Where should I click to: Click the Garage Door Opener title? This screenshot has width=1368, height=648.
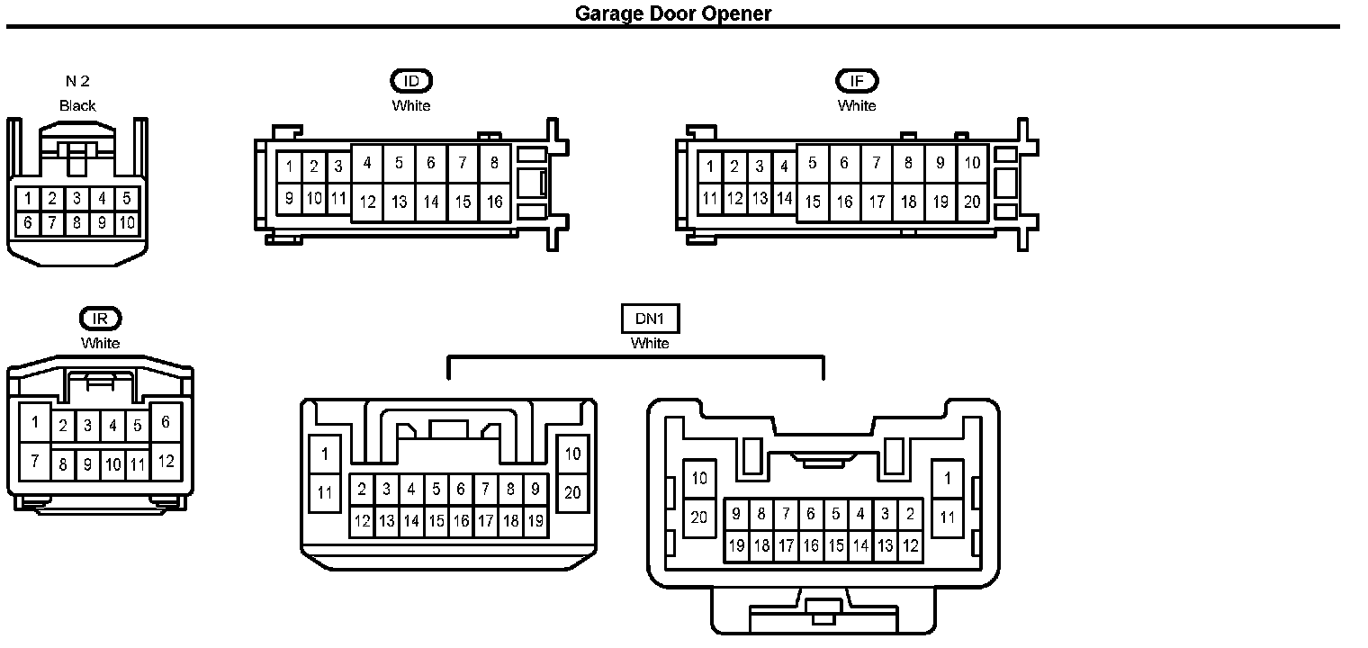[x=673, y=13]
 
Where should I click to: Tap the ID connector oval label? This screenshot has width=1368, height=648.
[x=411, y=81]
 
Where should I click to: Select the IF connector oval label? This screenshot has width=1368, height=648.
[x=857, y=81]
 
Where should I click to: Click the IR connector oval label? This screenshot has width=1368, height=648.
[x=100, y=319]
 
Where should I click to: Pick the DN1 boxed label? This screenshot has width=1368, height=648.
[x=650, y=319]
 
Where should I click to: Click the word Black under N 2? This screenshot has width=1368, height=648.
[x=77, y=105]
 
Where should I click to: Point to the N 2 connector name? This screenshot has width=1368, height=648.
[x=77, y=81]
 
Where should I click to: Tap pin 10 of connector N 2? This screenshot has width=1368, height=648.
[x=127, y=222]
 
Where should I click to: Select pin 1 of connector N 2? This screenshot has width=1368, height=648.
[x=29, y=198]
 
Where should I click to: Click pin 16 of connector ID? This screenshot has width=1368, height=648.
[x=495, y=202]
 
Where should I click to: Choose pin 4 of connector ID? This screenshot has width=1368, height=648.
[x=367, y=164]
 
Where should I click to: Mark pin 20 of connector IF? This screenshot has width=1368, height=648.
[x=972, y=202]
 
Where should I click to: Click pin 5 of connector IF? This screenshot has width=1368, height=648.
[x=813, y=164]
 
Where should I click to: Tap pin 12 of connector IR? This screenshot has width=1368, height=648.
[x=166, y=462]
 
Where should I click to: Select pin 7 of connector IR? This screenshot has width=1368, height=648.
[x=35, y=462]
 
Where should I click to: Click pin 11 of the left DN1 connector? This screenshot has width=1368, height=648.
[x=325, y=493]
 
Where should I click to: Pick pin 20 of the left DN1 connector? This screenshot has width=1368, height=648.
[x=573, y=493]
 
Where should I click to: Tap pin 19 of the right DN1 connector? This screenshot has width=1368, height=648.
[x=736, y=545]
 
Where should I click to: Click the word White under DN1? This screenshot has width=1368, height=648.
[x=650, y=343]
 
